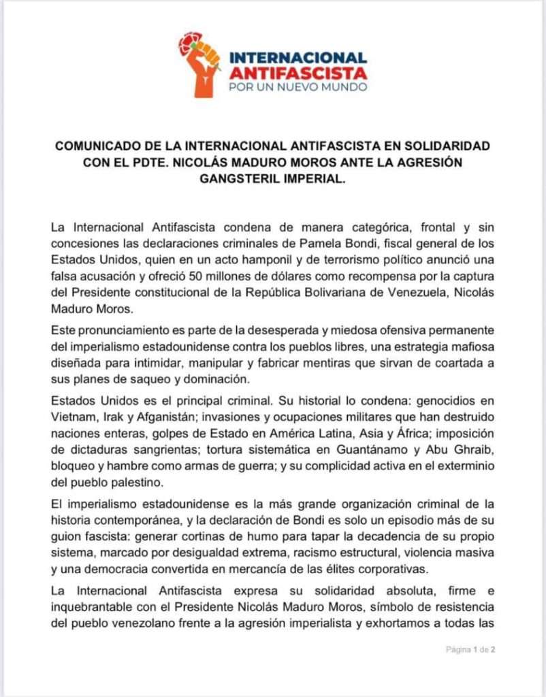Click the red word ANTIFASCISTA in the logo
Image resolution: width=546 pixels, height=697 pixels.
click(298, 72)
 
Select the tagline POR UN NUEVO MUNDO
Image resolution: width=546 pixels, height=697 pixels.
click(298, 87)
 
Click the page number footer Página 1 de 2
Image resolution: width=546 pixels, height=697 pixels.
click(470, 649)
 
